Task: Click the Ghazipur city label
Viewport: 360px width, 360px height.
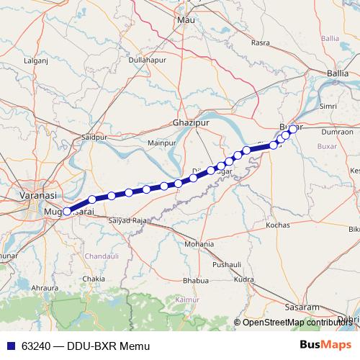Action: tap(191, 123)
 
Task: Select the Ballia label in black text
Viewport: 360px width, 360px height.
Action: tap(337, 73)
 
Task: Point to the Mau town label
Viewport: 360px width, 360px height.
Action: tap(186, 20)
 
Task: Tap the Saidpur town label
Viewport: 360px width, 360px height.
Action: tap(94, 136)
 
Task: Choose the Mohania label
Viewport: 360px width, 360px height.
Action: tap(199, 245)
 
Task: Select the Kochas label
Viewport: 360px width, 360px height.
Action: tap(277, 225)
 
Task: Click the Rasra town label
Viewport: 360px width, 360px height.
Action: tap(260, 43)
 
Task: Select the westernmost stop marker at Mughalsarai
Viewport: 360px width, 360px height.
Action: tap(68, 212)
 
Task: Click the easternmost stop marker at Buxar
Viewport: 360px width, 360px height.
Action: tap(293, 129)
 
